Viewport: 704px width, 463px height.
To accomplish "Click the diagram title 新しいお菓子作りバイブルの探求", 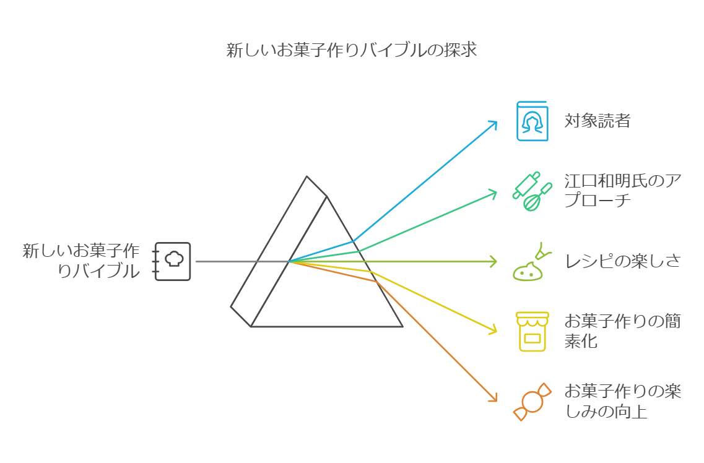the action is [351, 50].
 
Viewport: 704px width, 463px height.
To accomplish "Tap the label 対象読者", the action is [597, 121].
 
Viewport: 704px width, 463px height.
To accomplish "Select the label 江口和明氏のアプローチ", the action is [622, 191].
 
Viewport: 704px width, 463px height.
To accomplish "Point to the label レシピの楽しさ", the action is [622, 261].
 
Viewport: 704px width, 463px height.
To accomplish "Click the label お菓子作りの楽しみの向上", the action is [622, 401].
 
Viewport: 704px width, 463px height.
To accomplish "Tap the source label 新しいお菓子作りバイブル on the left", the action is [81, 261].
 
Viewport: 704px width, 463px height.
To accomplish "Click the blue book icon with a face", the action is [532, 121].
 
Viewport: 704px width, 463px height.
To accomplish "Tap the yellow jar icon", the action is [532, 331].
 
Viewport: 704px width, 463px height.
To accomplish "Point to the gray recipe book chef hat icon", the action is [173, 261].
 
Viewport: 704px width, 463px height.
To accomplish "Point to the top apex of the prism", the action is [307, 177].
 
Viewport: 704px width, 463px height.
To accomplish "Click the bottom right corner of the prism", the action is [402, 326].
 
